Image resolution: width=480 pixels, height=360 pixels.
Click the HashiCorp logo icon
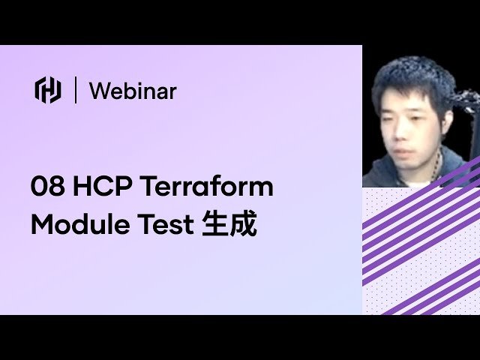(48, 90)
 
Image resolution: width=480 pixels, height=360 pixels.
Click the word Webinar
(133, 91)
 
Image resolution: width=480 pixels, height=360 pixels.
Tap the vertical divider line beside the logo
(76, 90)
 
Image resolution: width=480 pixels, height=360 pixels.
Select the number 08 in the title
(48, 187)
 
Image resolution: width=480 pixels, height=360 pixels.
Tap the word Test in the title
(165, 225)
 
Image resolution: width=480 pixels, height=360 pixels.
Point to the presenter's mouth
(403, 151)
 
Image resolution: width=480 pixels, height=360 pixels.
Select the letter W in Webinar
(100, 91)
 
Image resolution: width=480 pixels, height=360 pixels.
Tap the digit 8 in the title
(57, 187)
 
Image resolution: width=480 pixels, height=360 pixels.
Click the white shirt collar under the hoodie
(420, 184)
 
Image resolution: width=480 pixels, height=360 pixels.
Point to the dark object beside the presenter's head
(466, 101)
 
